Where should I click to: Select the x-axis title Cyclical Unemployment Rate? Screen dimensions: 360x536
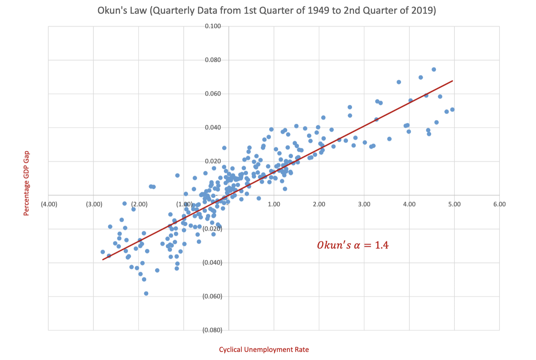click(x=264, y=350)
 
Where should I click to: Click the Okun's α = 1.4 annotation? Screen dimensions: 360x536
click(x=353, y=245)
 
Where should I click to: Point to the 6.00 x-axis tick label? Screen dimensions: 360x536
click(x=499, y=204)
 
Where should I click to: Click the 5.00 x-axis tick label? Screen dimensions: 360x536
click(x=454, y=204)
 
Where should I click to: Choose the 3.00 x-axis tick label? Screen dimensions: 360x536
click(x=364, y=204)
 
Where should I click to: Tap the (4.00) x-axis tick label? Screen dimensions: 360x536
click(x=49, y=204)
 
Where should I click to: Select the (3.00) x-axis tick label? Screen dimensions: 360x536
click(x=94, y=204)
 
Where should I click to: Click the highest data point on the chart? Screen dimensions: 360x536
click(x=434, y=69)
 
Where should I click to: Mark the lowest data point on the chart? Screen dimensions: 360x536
click(x=146, y=293)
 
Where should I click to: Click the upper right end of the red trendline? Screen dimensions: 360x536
click(x=453, y=81)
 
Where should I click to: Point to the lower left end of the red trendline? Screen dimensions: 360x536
click(x=103, y=260)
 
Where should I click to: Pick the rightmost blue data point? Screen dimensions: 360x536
click(x=452, y=109)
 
